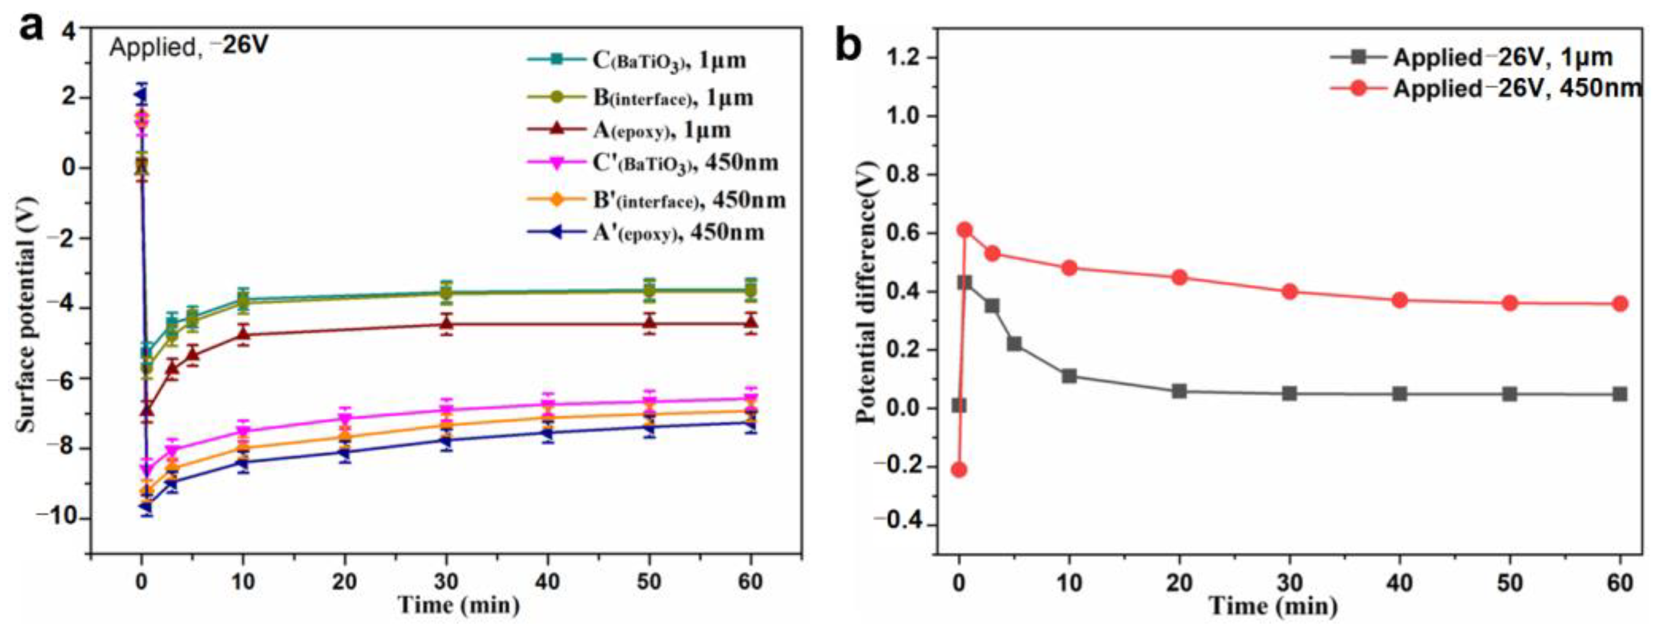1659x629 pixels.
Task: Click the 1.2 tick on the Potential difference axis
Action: [906, 58]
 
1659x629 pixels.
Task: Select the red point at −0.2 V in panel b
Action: [959, 469]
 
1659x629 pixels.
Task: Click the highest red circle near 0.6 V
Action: [964, 230]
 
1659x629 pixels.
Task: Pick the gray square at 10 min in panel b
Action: [1069, 375]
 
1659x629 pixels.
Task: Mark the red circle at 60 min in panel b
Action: [1620, 303]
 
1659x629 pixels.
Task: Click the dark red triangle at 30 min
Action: [446, 324]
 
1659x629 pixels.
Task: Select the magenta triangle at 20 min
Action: [345, 419]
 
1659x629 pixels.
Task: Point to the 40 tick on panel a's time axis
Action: [547, 581]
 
